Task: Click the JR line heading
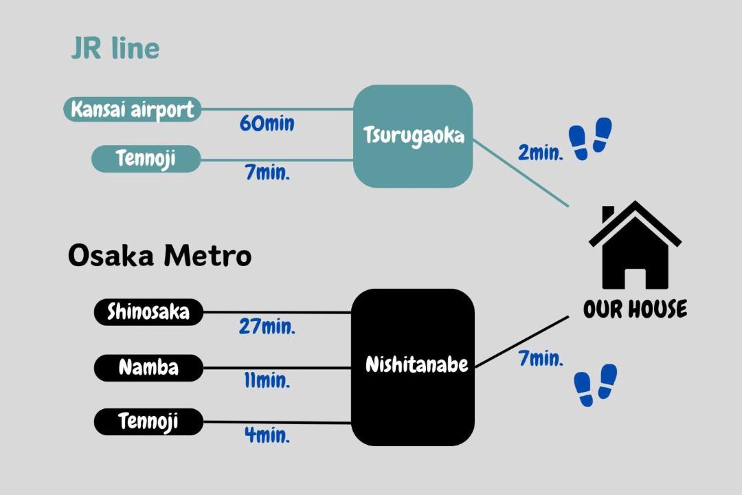[x=115, y=49]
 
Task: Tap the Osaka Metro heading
[x=159, y=256]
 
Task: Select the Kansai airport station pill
[x=133, y=109]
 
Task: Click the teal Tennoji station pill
[x=146, y=159]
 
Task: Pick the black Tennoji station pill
[x=148, y=421]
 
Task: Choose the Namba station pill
[x=148, y=367]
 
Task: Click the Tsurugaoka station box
[x=413, y=136]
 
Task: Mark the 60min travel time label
[x=267, y=124]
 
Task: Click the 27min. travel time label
[x=267, y=327]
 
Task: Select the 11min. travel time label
[x=267, y=380]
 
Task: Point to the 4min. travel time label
[x=267, y=434]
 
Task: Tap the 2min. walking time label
[x=541, y=153]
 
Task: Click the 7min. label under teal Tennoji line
[x=267, y=172]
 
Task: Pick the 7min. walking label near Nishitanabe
[x=541, y=358]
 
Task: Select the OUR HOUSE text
[x=635, y=309]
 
